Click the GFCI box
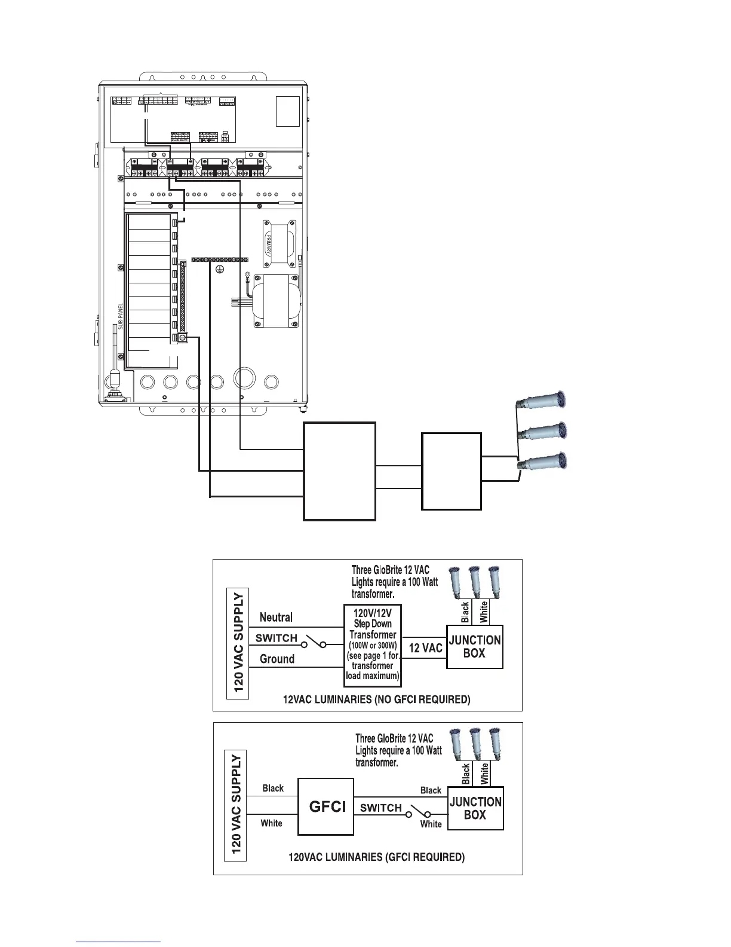click(326, 807)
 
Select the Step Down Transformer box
click(373, 646)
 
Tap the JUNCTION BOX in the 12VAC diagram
click(475, 646)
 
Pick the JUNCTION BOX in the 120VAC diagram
click(475, 808)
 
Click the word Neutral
click(276, 617)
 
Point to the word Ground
click(277, 659)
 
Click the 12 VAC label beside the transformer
click(425, 648)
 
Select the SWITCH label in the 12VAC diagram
click(276, 638)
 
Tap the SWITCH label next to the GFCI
click(381, 808)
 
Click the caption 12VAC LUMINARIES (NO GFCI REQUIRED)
click(376, 699)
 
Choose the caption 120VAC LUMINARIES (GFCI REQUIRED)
click(376, 857)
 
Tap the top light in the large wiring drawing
click(543, 399)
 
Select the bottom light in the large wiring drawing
click(543, 462)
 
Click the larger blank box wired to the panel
click(339, 471)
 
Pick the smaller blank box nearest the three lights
click(451, 471)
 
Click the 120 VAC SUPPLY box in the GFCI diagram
click(236, 804)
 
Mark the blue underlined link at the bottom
click(118, 942)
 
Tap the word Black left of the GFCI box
click(273, 788)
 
